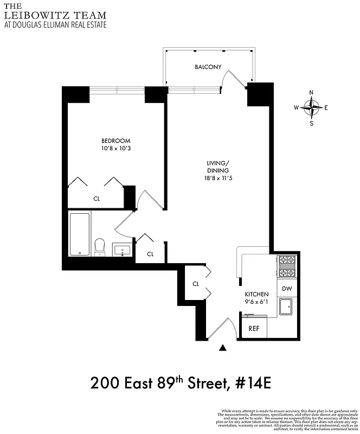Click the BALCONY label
pos(208,67)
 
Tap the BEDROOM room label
pos(115,141)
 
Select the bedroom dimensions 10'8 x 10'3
pos(115,149)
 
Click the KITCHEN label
pos(257,294)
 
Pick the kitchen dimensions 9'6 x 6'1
pos(257,302)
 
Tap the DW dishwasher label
pos(286,289)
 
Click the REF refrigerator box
pos(254,328)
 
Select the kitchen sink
pos(286,308)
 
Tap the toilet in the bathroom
pos(100,247)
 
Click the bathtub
pos(80,234)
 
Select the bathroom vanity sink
pos(122,250)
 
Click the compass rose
pos(311,107)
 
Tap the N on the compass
pos(311,92)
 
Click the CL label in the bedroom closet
pos(97,199)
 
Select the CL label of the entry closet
pos(196,284)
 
